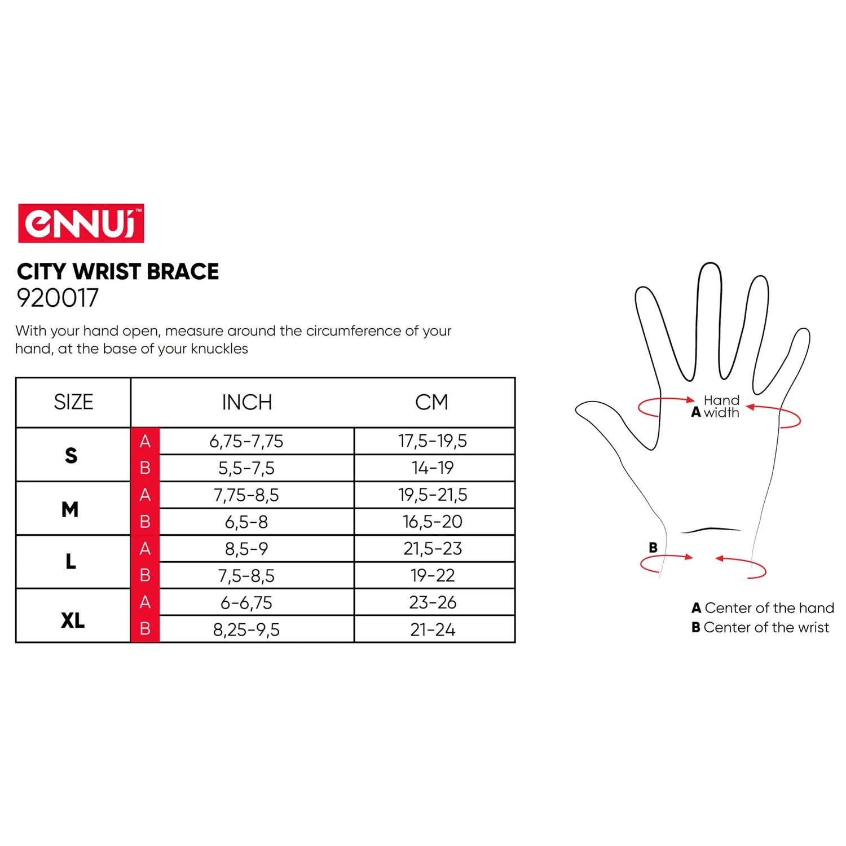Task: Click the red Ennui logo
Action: click(x=81, y=223)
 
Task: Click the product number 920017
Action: click(x=58, y=298)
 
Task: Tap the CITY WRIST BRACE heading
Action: click(x=118, y=272)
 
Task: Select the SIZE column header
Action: click(x=73, y=402)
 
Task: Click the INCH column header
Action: click(x=247, y=403)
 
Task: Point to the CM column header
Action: click(x=432, y=403)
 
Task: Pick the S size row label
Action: click(x=71, y=455)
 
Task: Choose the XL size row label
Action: click(x=73, y=621)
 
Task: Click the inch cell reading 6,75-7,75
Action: click(x=246, y=442)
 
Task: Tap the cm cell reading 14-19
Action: click(x=433, y=468)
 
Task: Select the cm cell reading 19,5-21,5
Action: click(x=433, y=495)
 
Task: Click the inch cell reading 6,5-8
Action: click(x=246, y=522)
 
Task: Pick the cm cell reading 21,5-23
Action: click(x=433, y=548)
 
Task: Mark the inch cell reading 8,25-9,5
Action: click(x=246, y=630)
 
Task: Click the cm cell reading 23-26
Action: click(x=433, y=602)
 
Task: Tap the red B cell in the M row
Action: click(x=145, y=522)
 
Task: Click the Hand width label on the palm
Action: click(x=721, y=407)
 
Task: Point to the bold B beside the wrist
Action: click(x=653, y=548)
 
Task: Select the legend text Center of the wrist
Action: click(x=766, y=628)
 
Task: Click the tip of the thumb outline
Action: click(x=576, y=410)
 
